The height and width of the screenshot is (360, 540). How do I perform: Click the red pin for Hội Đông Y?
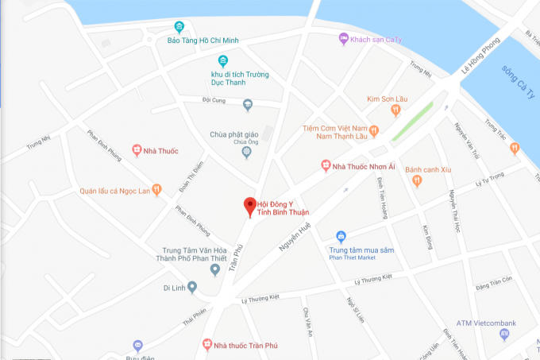click(249, 205)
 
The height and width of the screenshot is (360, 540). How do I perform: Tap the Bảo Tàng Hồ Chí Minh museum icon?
click(179, 27)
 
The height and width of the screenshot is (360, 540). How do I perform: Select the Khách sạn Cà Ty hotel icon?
click(343, 38)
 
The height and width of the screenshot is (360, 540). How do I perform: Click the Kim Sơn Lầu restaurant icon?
click(395, 110)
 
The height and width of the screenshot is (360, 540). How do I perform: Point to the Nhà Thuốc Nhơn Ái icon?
click(325, 165)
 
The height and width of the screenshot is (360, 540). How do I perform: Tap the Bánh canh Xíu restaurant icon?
click(418, 180)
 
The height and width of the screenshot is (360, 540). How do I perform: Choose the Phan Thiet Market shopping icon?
click(341, 236)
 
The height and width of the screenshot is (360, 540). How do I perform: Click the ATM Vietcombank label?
click(486, 323)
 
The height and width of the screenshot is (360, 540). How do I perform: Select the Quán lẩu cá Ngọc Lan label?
click(114, 190)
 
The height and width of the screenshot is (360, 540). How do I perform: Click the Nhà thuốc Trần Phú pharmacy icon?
click(206, 345)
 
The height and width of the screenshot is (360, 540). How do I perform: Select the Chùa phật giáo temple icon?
click(247, 151)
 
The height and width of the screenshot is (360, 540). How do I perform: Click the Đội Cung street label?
click(215, 100)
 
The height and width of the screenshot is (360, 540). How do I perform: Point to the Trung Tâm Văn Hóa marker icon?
click(214, 269)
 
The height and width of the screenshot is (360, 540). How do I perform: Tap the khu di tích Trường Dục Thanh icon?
click(224, 60)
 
